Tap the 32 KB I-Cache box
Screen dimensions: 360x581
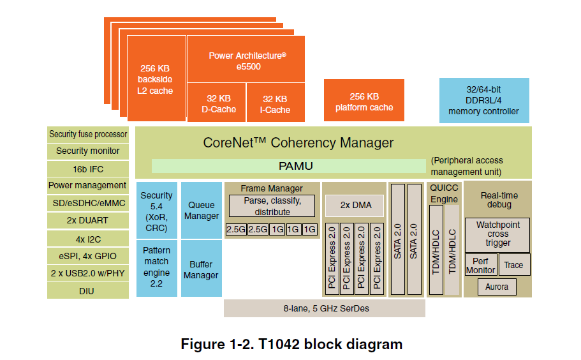click(275, 104)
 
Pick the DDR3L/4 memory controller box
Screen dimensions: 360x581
click(483, 101)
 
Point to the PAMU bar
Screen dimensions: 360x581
click(288, 166)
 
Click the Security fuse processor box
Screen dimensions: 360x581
click(88, 134)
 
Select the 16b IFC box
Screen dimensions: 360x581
click(88, 169)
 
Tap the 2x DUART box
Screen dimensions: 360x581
click(88, 220)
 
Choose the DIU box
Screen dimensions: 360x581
click(88, 290)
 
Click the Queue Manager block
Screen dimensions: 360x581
click(202, 211)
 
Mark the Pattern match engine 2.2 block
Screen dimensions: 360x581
click(156, 267)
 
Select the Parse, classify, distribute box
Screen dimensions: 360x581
click(272, 206)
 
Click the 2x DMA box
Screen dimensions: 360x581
click(354, 206)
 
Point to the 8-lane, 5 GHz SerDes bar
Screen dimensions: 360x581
click(325, 308)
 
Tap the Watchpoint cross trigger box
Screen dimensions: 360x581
click(497, 234)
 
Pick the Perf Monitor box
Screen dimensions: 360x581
click(480, 266)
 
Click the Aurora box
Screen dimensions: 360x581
click(497, 287)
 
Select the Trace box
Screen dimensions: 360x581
click(513, 266)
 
